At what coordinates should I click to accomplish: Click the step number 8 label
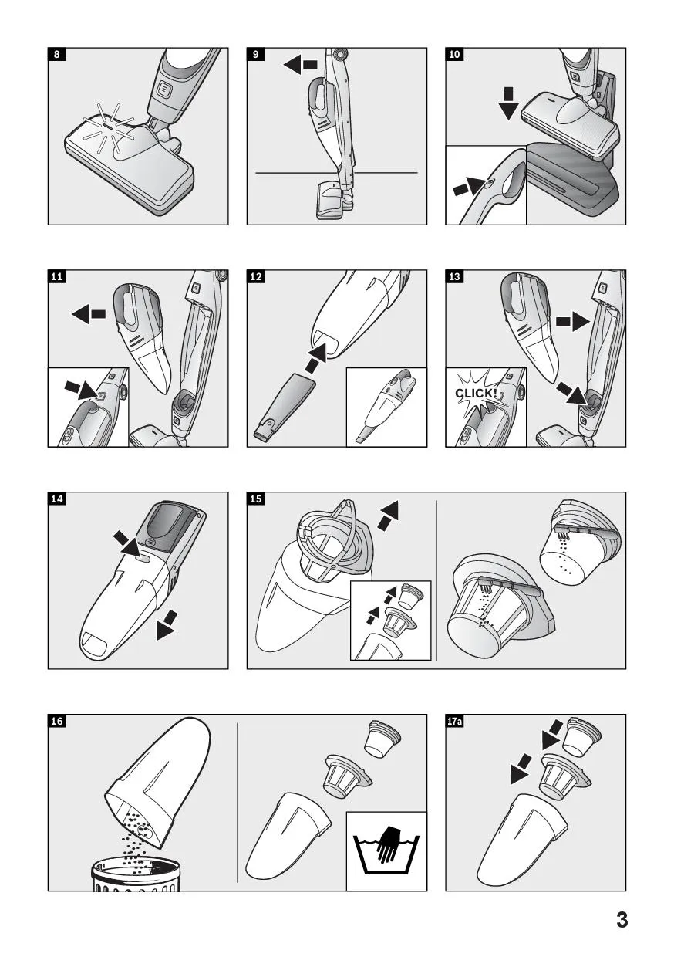click(x=57, y=54)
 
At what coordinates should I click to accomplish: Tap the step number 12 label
click(x=256, y=276)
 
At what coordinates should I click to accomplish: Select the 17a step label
click(x=454, y=721)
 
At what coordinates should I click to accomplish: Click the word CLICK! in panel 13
click(x=476, y=393)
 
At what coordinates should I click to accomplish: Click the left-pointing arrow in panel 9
click(x=301, y=65)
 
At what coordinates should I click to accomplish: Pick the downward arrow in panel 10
click(x=508, y=103)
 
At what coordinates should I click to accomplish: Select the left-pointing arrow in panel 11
click(x=89, y=314)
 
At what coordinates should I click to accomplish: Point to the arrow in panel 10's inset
click(x=469, y=186)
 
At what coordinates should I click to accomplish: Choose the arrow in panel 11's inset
click(x=80, y=390)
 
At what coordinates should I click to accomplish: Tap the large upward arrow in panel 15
click(x=388, y=516)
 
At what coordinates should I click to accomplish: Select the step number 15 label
click(x=256, y=499)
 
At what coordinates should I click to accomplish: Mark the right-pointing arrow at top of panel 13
click(x=573, y=321)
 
